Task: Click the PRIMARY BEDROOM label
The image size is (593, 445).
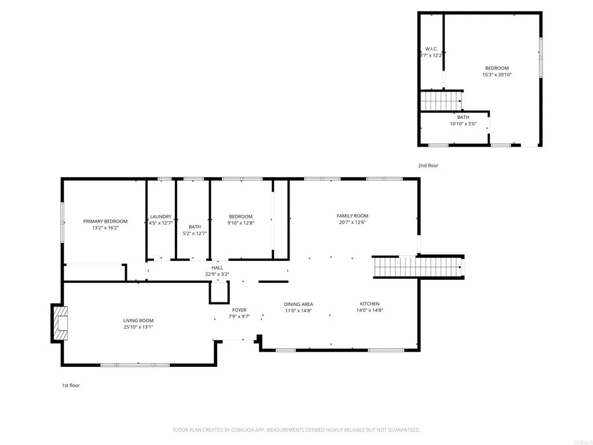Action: point(105,221)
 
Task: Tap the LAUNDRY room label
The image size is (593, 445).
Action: point(160,217)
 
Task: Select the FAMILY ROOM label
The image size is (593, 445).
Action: point(352,216)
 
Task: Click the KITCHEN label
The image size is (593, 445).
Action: point(369,304)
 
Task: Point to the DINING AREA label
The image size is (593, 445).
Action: point(298,304)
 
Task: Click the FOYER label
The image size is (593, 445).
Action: point(239,310)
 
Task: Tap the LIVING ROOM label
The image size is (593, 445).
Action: point(138,320)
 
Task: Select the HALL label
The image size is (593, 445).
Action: point(217,268)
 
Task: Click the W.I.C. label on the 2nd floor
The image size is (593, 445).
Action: point(431,49)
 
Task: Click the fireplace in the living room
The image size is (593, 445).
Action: point(60,323)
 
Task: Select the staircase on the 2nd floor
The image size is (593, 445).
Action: point(441,101)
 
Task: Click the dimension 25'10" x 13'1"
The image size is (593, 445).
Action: point(138,327)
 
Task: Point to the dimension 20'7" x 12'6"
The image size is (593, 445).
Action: point(352,222)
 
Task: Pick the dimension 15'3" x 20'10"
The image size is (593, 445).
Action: point(497,75)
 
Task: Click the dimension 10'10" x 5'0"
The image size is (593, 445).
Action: point(463,123)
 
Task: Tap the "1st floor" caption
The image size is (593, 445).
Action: point(71,385)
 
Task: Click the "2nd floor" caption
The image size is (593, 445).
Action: point(429,166)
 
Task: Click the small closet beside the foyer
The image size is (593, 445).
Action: point(219,293)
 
